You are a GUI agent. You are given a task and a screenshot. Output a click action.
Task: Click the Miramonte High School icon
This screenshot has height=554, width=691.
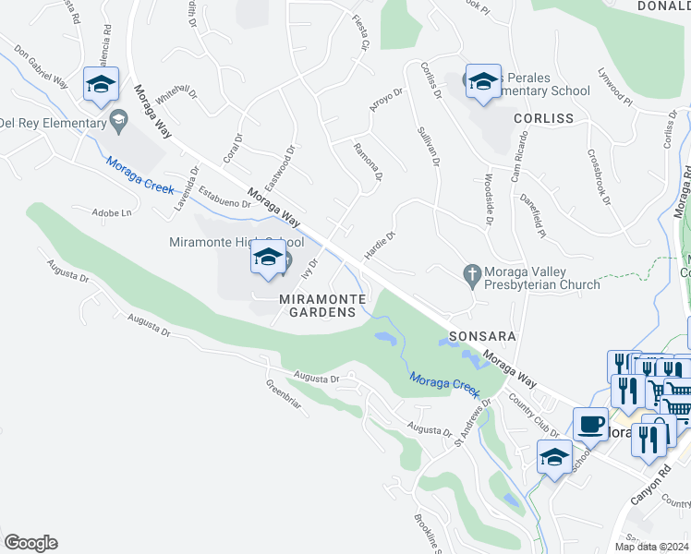(x=268, y=259)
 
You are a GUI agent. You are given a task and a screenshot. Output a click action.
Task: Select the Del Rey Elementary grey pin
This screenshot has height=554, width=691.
(x=118, y=121)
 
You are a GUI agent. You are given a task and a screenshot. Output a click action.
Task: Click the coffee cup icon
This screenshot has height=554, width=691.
(x=590, y=424)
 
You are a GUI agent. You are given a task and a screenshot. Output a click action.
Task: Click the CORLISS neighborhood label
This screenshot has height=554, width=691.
(x=544, y=118)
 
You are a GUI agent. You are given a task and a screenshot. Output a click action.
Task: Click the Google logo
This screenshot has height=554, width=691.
(x=30, y=543)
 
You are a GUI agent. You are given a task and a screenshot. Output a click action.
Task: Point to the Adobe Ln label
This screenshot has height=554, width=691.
(x=113, y=212)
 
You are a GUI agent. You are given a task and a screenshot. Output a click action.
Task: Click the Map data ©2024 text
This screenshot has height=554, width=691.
(x=652, y=546)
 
